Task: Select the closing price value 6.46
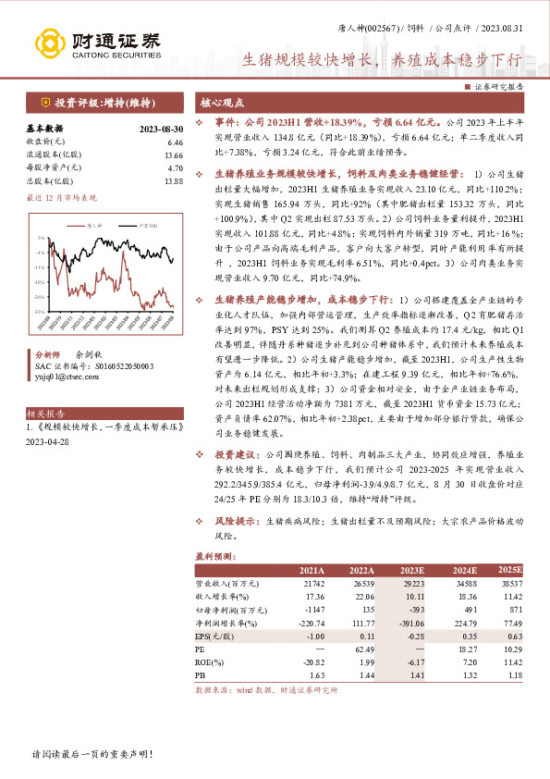click(x=176, y=142)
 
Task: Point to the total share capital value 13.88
click(x=174, y=181)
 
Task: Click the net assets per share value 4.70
click(x=176, y=168)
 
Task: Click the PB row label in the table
click(x=200, y=676)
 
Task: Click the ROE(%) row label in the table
click(x=210, y=663)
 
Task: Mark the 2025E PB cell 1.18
click(x=513, y=676)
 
